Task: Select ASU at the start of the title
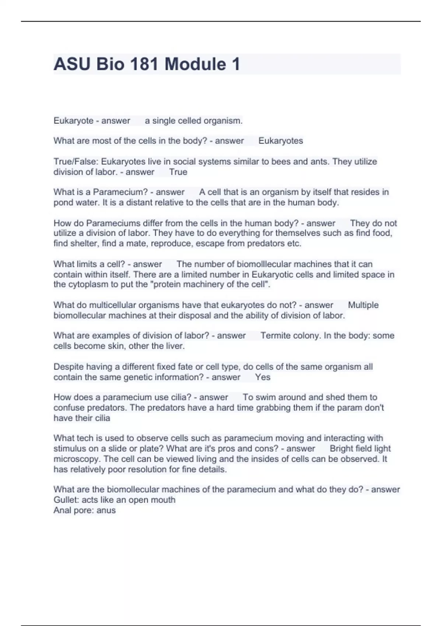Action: (72, 64)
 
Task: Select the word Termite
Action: (275, 335)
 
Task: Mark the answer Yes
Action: (263, 377)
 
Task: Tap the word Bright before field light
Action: (341, 449)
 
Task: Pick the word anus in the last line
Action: (106, 510)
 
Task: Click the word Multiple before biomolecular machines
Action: (363, 305)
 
